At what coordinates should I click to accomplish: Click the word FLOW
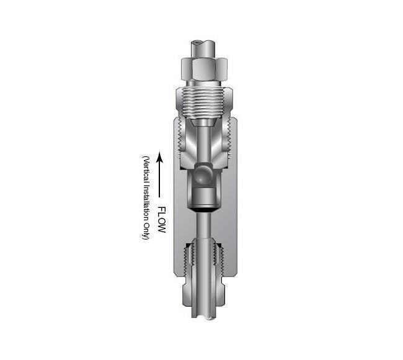(162, 220)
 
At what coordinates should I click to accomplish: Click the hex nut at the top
(205, 69)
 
